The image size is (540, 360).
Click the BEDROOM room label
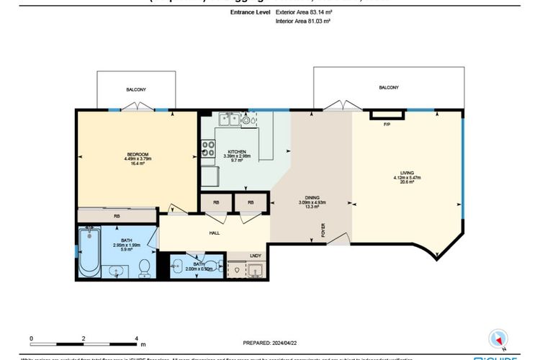[137, 154]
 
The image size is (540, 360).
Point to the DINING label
[312, 198]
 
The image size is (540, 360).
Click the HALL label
[213, 233]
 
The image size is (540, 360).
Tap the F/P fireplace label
[386, 125]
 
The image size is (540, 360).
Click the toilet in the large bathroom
[144, 266]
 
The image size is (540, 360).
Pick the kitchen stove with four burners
[209, 150]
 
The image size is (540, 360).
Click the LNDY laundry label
[256, 255]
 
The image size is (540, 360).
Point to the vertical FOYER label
[323, 230]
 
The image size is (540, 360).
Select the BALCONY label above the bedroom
[136, 89]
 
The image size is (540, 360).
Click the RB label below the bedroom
[116, 215]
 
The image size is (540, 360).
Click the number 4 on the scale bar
[136, 338]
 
